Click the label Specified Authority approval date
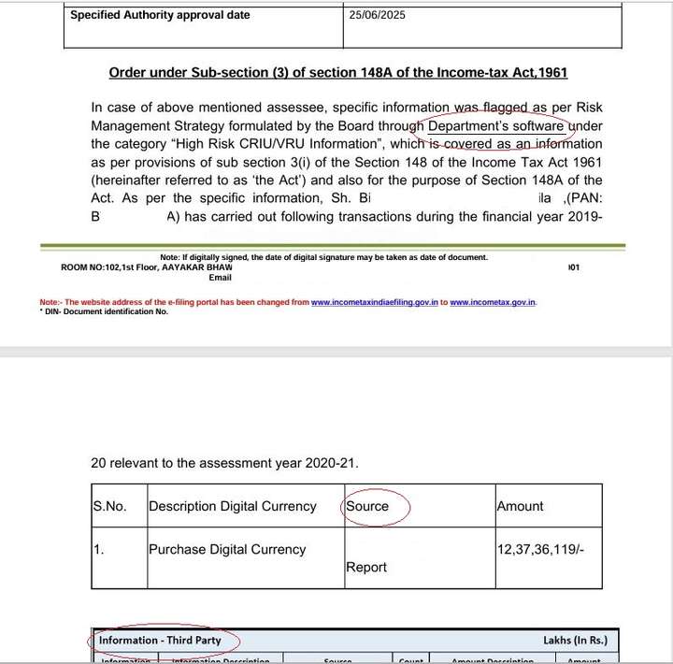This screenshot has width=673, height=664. (x=160, y=15)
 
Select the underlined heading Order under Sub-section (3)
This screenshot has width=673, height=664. (x=338, y=73)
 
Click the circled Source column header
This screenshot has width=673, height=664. (x=367, y=506)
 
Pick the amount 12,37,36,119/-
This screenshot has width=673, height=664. (x=543, y=550)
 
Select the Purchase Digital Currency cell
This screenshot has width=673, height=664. (x=227, y=550)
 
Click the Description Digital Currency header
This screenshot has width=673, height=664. (x=233, y=506)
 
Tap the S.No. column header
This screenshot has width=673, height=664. (x=110, y=506)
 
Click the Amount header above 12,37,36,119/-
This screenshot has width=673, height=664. (x=520, y=506)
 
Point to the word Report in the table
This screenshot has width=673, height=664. (x=366, y=567)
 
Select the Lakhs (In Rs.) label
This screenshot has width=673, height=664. (x=575, y=641)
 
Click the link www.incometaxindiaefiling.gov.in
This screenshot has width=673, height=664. (x=375, y=303)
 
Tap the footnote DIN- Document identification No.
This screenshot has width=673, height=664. (x=104, y=311)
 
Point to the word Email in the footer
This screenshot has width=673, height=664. (x=220, y=278)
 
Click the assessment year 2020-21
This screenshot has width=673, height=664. (x=323, y=463)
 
